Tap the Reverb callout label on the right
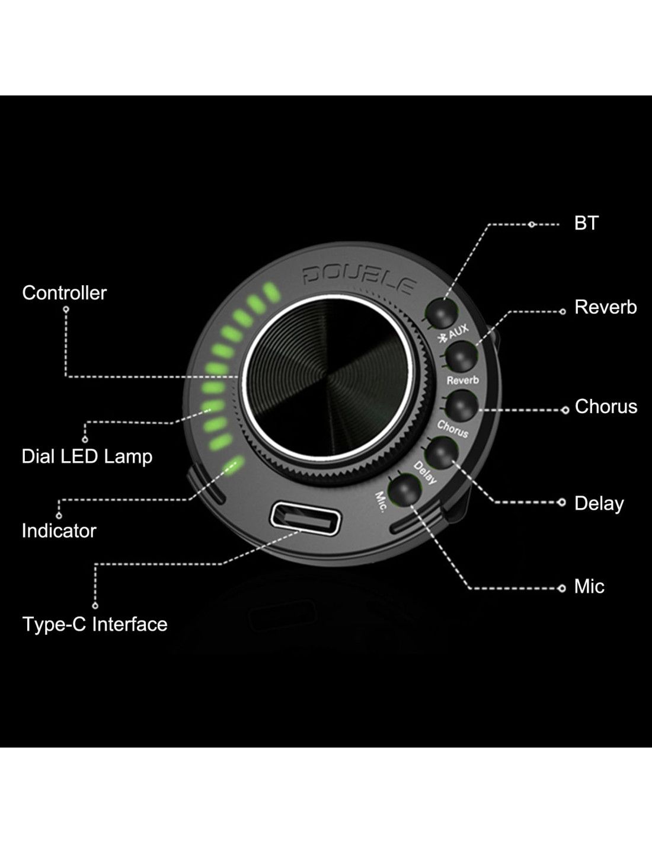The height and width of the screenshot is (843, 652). coord(605,307)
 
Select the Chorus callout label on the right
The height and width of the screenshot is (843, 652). coord(606,406)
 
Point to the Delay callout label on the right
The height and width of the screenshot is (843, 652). coord(599,503)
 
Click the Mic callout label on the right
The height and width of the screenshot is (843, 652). coord(589,586)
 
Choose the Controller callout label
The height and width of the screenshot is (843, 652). coord(65,293)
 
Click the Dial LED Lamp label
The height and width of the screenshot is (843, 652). coord(87,456)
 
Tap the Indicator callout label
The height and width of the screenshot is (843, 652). coord(59,531)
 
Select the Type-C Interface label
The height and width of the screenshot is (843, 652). coord(95,624)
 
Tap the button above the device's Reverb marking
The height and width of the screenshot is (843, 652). coord(461,356)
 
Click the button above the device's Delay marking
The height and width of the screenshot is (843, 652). coord(442,452)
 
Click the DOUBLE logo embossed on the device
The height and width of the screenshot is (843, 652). coord(359,279)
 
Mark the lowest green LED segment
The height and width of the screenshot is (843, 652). coord(235,464)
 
